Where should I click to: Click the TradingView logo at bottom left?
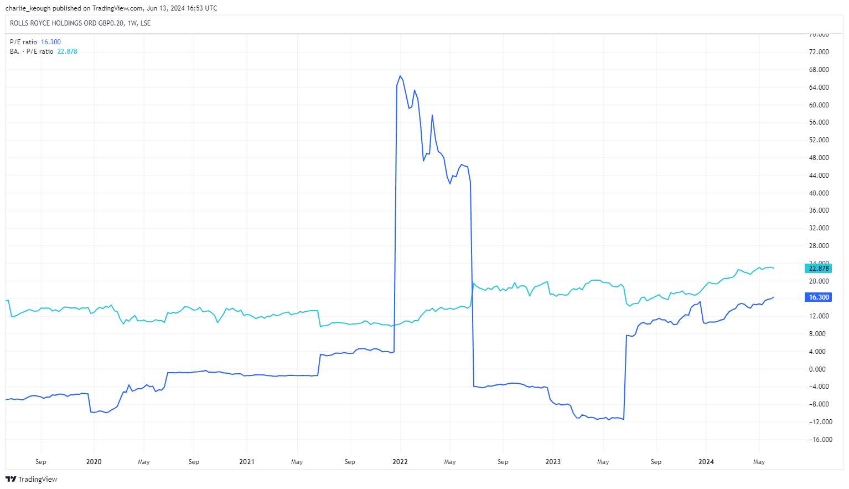coord(31,479)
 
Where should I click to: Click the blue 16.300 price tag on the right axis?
coord(819,297)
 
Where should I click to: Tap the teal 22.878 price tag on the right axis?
coord(819,269)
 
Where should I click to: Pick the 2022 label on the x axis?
coord(400,462)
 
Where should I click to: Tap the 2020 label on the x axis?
coord(94,462)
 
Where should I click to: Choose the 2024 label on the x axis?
coord(706,462)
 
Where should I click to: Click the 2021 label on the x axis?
coord(247,462)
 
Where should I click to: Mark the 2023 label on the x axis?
coord(553,462)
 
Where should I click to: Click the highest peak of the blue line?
coord(400,76)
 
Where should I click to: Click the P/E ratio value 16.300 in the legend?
coord(51,42)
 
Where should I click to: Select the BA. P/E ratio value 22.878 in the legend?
coord(68,52)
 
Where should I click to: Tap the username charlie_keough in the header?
coord(28,8)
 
